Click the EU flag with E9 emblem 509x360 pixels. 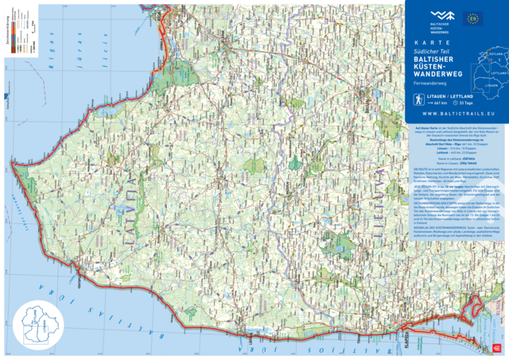coord(474,17)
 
